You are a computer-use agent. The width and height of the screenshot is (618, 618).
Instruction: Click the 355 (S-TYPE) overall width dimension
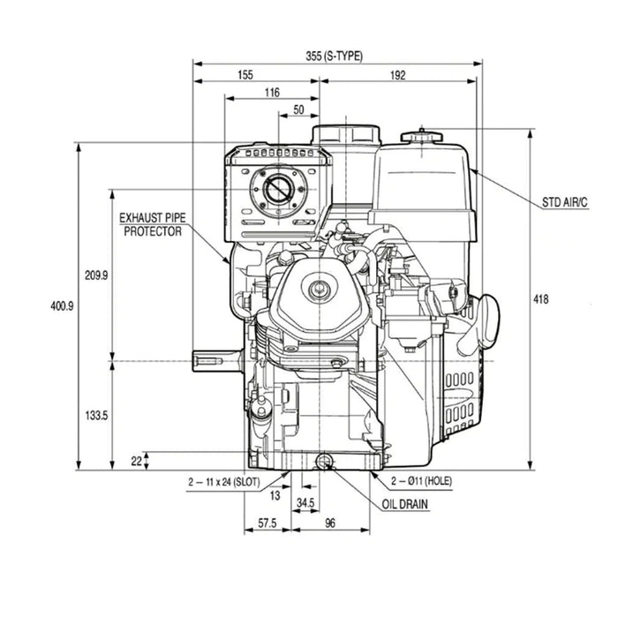click(335, 56)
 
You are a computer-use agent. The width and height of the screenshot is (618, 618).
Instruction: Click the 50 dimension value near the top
click(298, 109)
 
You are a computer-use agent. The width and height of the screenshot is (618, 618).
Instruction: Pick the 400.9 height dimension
click(62, 305)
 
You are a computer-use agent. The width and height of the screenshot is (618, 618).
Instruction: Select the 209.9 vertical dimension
click(96, 275)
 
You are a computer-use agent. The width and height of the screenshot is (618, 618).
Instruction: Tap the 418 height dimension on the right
click(541, 299)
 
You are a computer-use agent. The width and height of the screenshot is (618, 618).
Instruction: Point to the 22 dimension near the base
click(135, 460)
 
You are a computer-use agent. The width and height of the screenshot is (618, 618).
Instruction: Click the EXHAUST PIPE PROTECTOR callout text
click(152, 223)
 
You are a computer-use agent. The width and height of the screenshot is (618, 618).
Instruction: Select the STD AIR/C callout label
click(565, 203)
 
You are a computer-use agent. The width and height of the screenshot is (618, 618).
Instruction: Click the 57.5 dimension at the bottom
click(268, 524)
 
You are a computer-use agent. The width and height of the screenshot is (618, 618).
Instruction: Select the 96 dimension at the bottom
click(330, 524)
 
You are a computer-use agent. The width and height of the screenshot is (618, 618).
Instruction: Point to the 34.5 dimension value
click(305, 501)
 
